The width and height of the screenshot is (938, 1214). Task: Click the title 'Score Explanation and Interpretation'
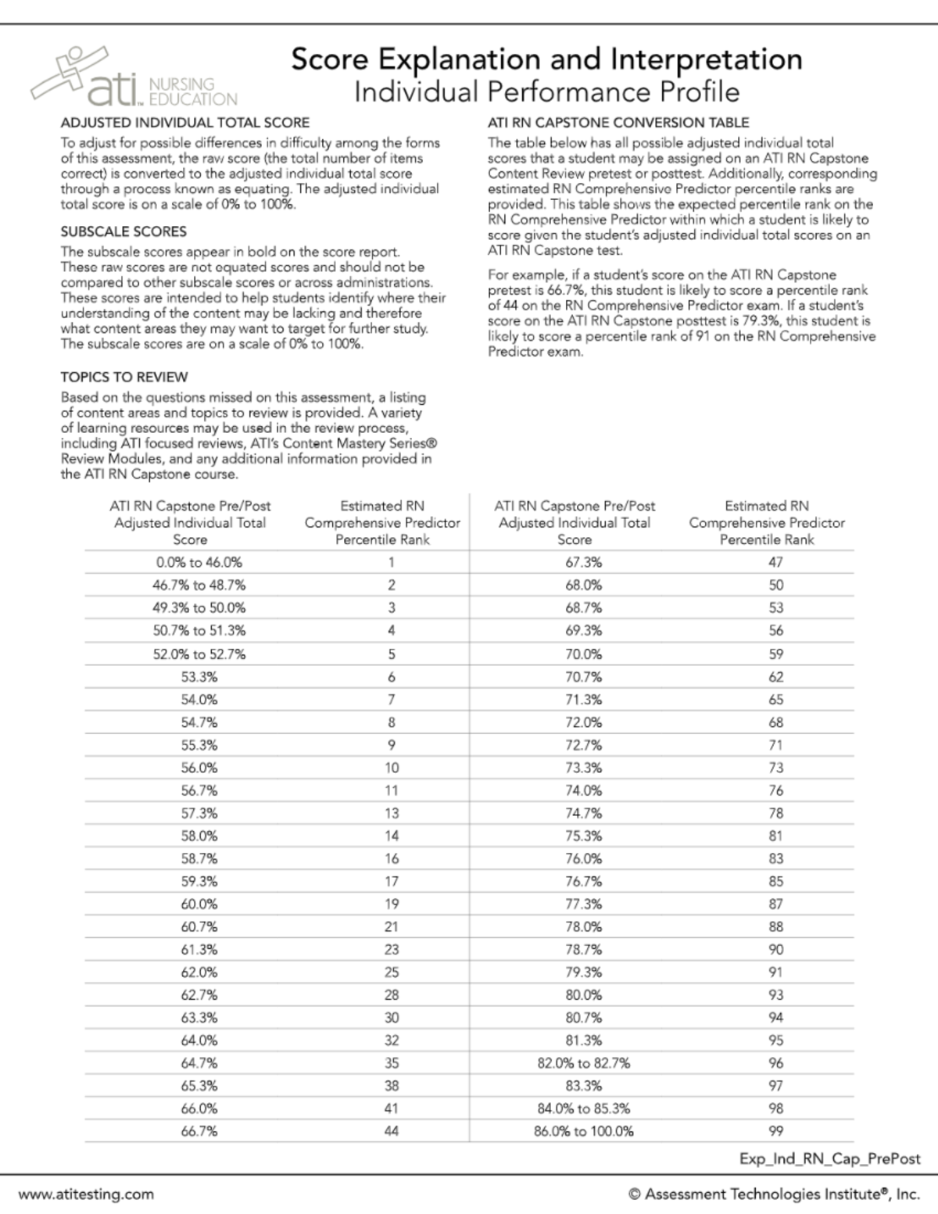pyautogui.click(x=546, y=59)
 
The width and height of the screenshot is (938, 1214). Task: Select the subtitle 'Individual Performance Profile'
pyautogui.click(x=546, y=92)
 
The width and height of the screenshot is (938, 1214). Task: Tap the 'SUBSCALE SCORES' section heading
pyautogui.click(x=124, y=231)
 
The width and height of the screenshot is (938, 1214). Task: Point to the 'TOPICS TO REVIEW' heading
pyautogui.click(x=124, y=377)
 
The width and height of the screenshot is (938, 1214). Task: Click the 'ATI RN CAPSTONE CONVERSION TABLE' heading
pyautogui.click(x=618, y=123)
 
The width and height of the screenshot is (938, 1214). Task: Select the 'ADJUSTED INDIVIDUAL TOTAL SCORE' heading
pyautogui.click(x=185, y=123)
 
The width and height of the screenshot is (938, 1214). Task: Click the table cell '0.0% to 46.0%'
pyautogui.click(x=199, y=562)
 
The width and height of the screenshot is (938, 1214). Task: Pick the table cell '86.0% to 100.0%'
pyautogui.click(x=584, y=1131)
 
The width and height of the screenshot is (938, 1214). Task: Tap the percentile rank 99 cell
pyautogui.click(x=775, y=1131)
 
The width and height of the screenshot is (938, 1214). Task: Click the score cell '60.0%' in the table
pyautogui.click(x=199, y=904)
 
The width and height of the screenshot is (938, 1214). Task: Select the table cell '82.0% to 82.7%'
pyautogui.click(x=584, y=1063)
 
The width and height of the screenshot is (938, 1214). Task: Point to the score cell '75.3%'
pyautogui.click(x=584, y=836)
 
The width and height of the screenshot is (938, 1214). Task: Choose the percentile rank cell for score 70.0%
pyautogui.click(x=775, y=654)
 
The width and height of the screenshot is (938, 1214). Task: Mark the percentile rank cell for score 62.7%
pyautogui.click(x=392, y=995)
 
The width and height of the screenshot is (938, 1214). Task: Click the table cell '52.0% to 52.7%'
pyautogui.click(x=199, y=654)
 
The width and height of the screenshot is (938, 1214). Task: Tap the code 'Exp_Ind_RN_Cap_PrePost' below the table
pyautogui.click(x=829, y=1158)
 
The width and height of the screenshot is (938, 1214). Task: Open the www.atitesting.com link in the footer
pyautogui.click(x=86, y=1194)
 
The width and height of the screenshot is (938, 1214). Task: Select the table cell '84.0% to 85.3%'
pyautogui.click(x=584, y=1108)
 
